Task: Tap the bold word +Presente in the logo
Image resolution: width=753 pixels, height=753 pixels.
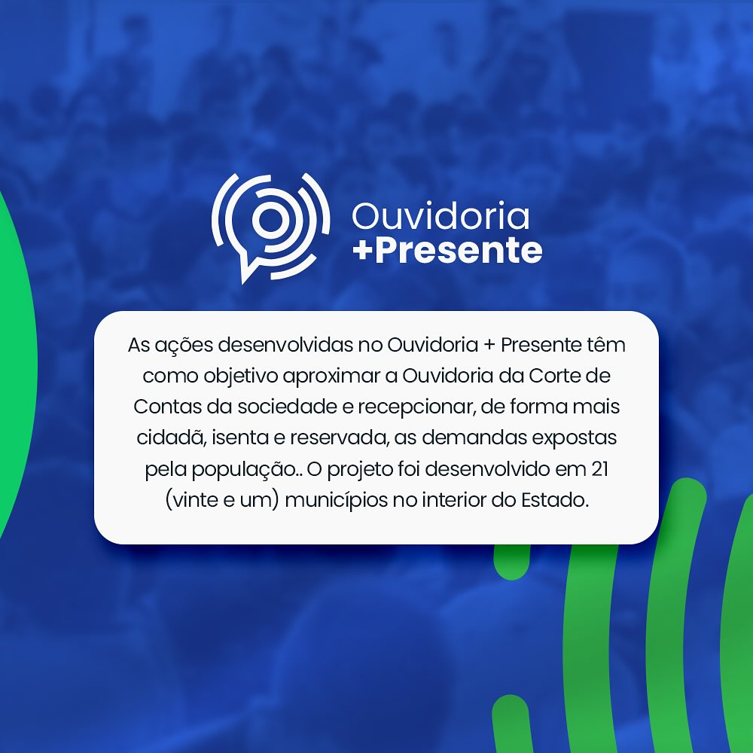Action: coord(447,250)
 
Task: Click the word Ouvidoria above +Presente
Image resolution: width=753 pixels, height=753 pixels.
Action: coord(441,215)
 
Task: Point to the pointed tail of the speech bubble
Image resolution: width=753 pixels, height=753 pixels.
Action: coord(244,279)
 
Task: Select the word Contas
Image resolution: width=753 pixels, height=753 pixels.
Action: coord(168,407)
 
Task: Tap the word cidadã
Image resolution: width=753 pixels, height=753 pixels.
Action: coord(171,437)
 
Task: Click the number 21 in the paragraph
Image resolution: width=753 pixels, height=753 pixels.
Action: coord(599,468)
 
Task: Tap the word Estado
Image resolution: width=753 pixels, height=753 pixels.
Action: coord(555,500)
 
